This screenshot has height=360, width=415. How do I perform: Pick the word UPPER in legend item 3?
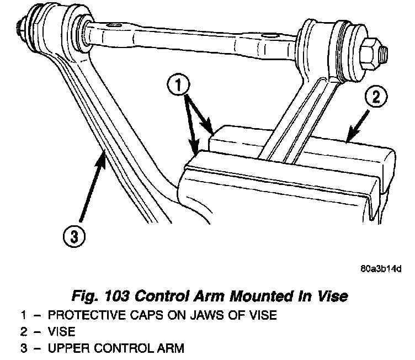(x=65, y=349)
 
